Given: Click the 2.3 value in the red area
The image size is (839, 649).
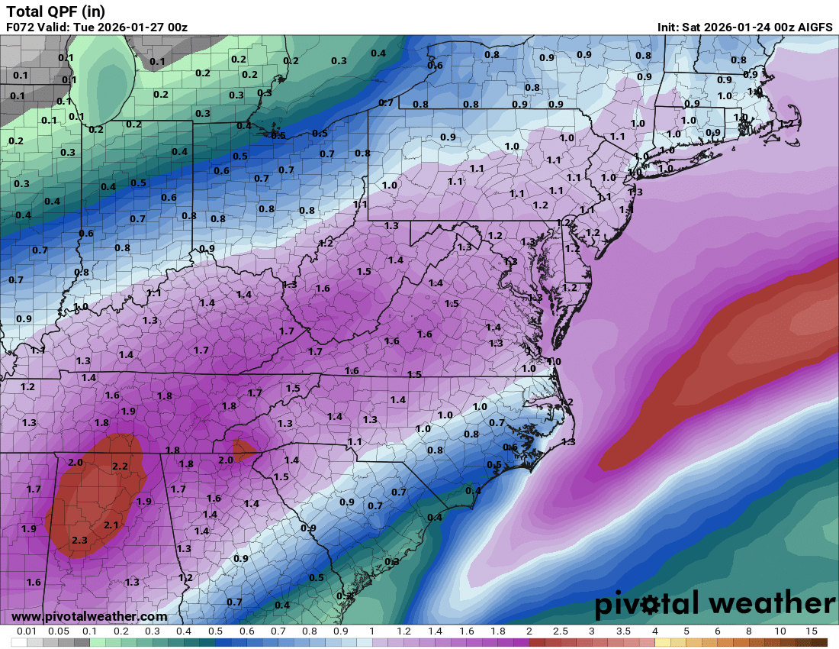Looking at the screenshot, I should (79, 541).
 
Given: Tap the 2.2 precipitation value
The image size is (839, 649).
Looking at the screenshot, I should (120, 466).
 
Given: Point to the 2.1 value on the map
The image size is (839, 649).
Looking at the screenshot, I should (111, 525).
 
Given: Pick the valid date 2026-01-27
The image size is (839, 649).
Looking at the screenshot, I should (130, 27).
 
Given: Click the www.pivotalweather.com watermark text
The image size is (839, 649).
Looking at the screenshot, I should (89, 616).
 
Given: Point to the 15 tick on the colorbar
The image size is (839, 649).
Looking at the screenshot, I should (812, 631).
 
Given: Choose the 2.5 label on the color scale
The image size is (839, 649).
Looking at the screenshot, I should (561, 631).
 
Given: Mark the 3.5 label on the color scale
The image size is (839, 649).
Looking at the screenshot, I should (624, 631).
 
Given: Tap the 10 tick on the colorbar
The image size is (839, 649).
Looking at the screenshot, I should (780, 631).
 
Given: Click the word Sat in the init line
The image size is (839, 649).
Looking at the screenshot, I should (692, 27).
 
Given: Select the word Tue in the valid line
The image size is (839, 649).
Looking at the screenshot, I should (84, 27).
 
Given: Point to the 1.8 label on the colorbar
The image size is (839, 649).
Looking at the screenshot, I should (497, 631).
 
